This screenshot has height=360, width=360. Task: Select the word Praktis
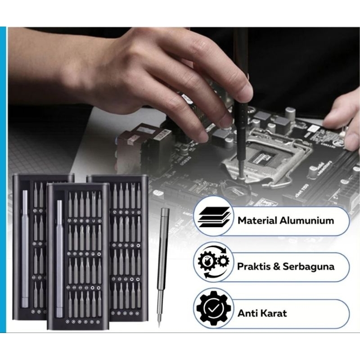(253, 266)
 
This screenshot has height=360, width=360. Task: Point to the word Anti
(247, 313)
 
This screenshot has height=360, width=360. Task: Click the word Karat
(272, 313)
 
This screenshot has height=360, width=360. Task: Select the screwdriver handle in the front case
(59, 256)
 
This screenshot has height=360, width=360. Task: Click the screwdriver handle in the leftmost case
(25, 247)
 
